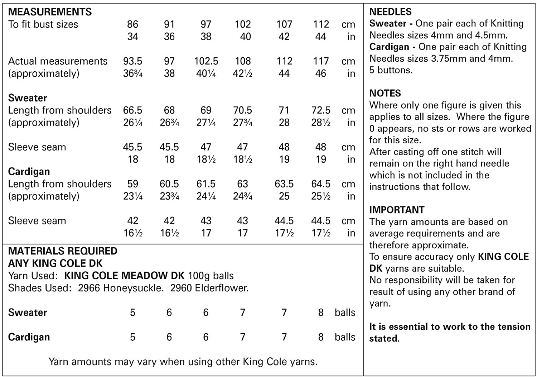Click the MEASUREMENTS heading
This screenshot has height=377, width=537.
coord(50,12)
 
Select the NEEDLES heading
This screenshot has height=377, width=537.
coord(390,12)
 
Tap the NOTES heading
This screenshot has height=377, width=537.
coord(385,93)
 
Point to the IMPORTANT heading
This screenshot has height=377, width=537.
coord(397,210)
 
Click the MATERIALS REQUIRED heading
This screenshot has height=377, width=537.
coord(63,251)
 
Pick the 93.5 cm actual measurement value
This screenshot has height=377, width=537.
coord(132,61)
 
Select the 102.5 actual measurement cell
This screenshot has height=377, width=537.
coord(206,61)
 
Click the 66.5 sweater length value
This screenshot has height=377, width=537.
coord(132,110)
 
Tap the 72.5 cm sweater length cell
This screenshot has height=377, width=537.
coord(321,110)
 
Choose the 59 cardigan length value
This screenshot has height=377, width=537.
coord(132,184)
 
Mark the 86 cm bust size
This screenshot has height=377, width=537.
coord(132,24)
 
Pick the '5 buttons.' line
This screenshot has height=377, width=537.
coord(391,70)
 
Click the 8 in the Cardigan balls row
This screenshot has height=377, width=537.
coord(321,337)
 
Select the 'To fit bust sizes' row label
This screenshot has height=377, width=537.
coord(43,24)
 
